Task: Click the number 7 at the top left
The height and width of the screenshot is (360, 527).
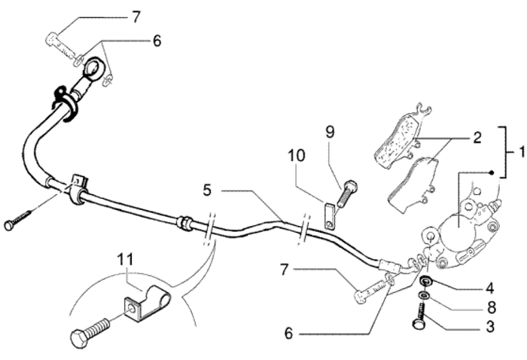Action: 136,16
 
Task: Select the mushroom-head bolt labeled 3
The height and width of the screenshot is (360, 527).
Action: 421,317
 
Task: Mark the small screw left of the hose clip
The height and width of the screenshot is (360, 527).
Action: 19,221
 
